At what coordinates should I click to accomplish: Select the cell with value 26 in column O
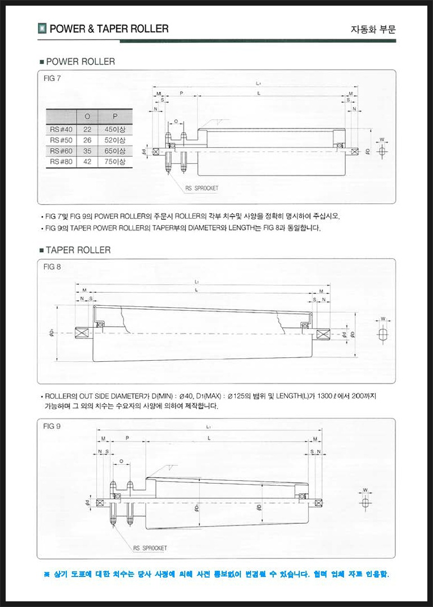click(x=87, y=140)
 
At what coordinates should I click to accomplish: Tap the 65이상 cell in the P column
click(x=115, y=151)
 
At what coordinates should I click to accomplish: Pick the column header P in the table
click(x=115, y=117)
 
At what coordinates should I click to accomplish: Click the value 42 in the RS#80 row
click(x=87, y=162)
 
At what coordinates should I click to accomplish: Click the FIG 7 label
click(x=52, y=78)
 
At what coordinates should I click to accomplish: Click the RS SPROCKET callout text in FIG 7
click(x=201, y=187)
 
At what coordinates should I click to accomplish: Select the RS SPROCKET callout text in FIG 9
click(x=150, y=548)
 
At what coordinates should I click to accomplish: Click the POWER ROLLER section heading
click(x=80, y=61)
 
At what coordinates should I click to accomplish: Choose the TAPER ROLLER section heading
click(x=78, y=250)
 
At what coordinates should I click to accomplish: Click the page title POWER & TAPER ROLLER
click(x=109, y=29)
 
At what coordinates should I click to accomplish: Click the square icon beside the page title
click(x=42, y=28)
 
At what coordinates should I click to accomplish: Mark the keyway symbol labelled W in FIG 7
click(x=381, y=151)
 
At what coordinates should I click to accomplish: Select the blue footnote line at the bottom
click(x=216, y=574)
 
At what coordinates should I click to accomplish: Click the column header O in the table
click(x=87, y=117)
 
